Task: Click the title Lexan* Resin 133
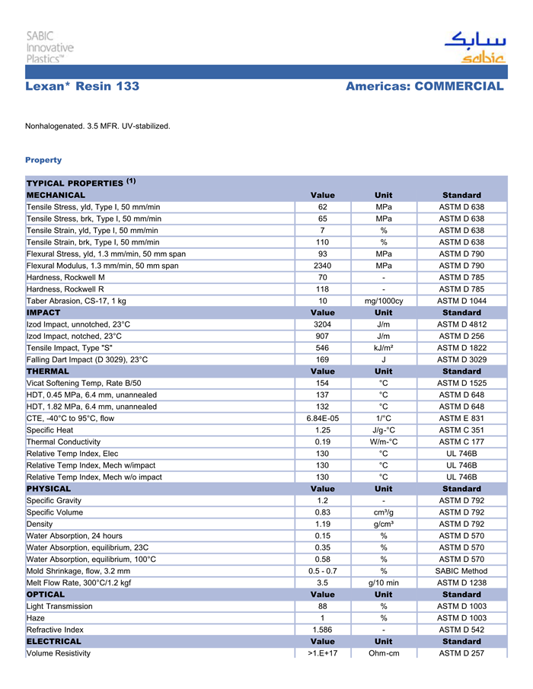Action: click(82, 87)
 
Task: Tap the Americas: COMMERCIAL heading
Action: click(424, 87)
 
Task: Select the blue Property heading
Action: click(43, 160)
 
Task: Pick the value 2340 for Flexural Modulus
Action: click(322, 266)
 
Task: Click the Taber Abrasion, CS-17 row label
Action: click(76, 301)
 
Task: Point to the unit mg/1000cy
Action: click(384, 301)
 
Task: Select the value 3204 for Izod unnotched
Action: click(322, 324)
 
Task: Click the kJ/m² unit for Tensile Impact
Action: click(384, 348)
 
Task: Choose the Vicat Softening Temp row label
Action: click(84, 383)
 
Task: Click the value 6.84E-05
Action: click(322, 418)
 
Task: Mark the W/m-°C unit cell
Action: click(384, 442)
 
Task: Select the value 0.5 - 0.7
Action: click(322, 571)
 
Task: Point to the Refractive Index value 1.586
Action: click(322, 630)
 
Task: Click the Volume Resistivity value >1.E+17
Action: click(322, 653)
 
